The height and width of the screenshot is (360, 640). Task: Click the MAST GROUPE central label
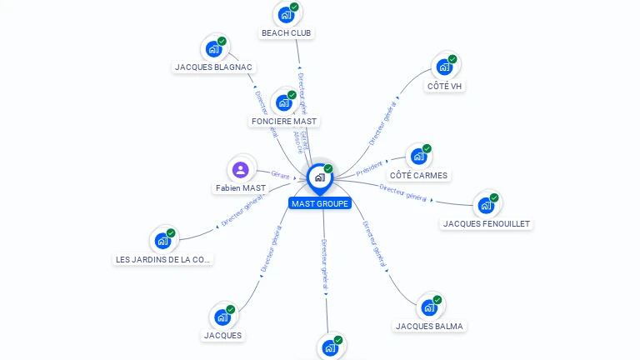point(320,203)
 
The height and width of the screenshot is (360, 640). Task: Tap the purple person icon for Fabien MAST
point(241,170)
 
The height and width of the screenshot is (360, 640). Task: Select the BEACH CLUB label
point(287,33)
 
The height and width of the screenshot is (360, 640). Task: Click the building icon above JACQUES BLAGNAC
point(213,48)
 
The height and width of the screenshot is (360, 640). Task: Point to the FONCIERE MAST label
point(285,122)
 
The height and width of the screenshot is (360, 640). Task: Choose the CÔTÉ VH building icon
point(444,67)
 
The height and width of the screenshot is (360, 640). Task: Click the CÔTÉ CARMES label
point(418,176)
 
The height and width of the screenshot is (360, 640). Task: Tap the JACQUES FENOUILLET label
point(487,223)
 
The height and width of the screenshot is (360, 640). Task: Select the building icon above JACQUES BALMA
point(428,307)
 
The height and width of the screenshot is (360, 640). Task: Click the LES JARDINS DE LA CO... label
point(163,259)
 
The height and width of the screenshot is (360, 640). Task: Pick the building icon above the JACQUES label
point(222,317)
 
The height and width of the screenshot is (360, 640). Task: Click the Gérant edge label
point(280,174)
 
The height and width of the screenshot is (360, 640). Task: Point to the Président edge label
point(369,167)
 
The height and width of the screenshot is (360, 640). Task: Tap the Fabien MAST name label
point(240,188)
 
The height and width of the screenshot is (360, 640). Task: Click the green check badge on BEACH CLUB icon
point(294,7)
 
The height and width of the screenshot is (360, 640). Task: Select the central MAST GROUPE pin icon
point(319,177)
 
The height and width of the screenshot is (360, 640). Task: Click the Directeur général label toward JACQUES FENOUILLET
point(403,192)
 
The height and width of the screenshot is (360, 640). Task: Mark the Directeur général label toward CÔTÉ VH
point(383,122)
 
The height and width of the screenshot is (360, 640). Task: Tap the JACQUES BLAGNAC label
point(214,67)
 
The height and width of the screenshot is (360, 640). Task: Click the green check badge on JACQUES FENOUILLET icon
point(494,198)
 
